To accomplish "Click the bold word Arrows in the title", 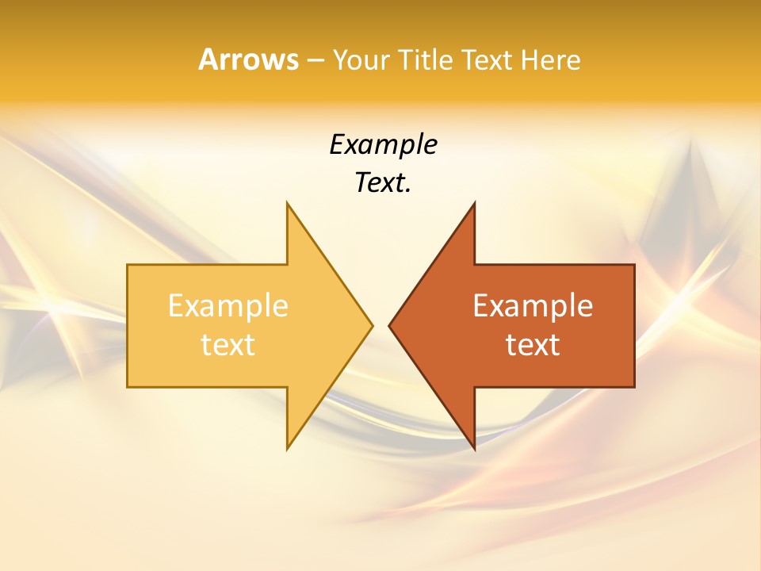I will [x=248, y=59].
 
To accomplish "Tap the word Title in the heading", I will [x=425, y=60].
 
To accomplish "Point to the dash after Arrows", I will [x=315, y=60].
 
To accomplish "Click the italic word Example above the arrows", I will [x=383, y=144].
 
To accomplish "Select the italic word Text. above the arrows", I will [x=383, y=182].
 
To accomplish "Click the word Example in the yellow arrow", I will [x=228, y=306].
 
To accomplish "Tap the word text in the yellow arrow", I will [x=228, y=345].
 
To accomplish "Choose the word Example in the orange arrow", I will [x=533, y=306].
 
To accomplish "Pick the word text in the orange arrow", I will [x=533, y=345].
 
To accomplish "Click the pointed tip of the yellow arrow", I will [x=371, y=325].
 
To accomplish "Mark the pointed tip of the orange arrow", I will [x=390, y=325].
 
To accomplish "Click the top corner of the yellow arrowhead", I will [x=288, y=204].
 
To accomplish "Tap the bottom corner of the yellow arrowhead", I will [x=288, y=448].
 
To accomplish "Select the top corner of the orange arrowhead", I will [x=474, y=204].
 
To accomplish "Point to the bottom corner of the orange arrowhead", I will [x=474, y=448].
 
